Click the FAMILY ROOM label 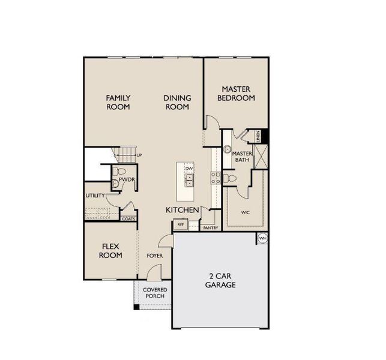pyautogui.click(x=118, y=102)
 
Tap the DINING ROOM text pyautogui.click(x=177, y=102)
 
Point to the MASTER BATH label pyautogui.click(x=241, y=157)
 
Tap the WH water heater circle pyautogui.click(x=262, y=239)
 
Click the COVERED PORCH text pyautogui.click(x=154, y=293)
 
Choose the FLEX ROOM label pyautogui.click(x=111, y=251)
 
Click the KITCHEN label pyautogui.click(x=182, y=210)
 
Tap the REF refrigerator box pyautogui.click(x=180, y=225)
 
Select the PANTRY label pyautogui.click(x=210, y=228)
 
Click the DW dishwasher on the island pyautogui.click(x=188, y=169)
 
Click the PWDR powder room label pyautogui.click(x=125, y=179)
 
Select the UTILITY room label pyautogui.click(x=95, y=196)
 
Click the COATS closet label pyautogui.click(x=128, y=219)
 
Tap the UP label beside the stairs pyautogui.click(x=139, y=155)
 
